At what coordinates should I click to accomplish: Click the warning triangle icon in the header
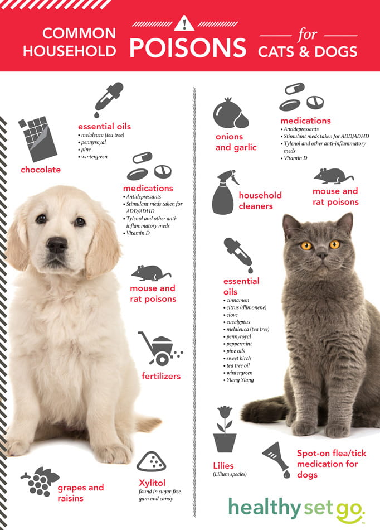click(185, 24)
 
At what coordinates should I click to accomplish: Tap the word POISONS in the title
click(188, 49)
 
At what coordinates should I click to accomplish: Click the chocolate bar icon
click(38, 139)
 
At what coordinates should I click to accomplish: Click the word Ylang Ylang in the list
click(240, 380)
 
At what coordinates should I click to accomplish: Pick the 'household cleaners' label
click(260, 201)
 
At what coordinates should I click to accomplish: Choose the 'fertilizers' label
click(160, 376)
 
